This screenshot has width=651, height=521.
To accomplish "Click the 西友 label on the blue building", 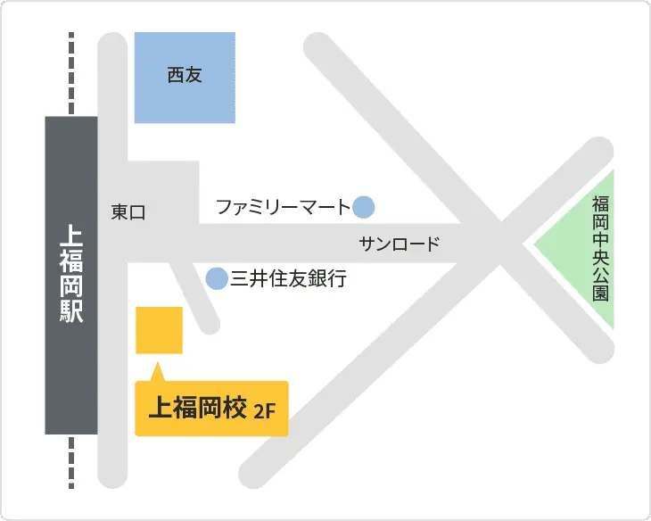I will pos(185,76).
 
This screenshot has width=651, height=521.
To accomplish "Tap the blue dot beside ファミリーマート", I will pos(363,208).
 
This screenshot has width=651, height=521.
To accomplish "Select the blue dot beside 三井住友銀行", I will pos(217,279).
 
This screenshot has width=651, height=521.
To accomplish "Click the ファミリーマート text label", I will pos(284,208).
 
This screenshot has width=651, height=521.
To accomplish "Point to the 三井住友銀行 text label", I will pos(288,279).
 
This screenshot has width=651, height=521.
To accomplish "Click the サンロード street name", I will pos(400,244).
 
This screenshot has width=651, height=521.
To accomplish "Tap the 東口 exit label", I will pos(128,212).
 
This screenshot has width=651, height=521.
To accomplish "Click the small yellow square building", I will pos(159,330).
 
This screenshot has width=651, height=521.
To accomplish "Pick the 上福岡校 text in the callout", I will pos(196,408).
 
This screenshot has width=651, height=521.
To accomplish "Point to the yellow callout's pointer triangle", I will pos(157,372).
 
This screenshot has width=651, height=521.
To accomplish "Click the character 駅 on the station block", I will pos(70,311).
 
